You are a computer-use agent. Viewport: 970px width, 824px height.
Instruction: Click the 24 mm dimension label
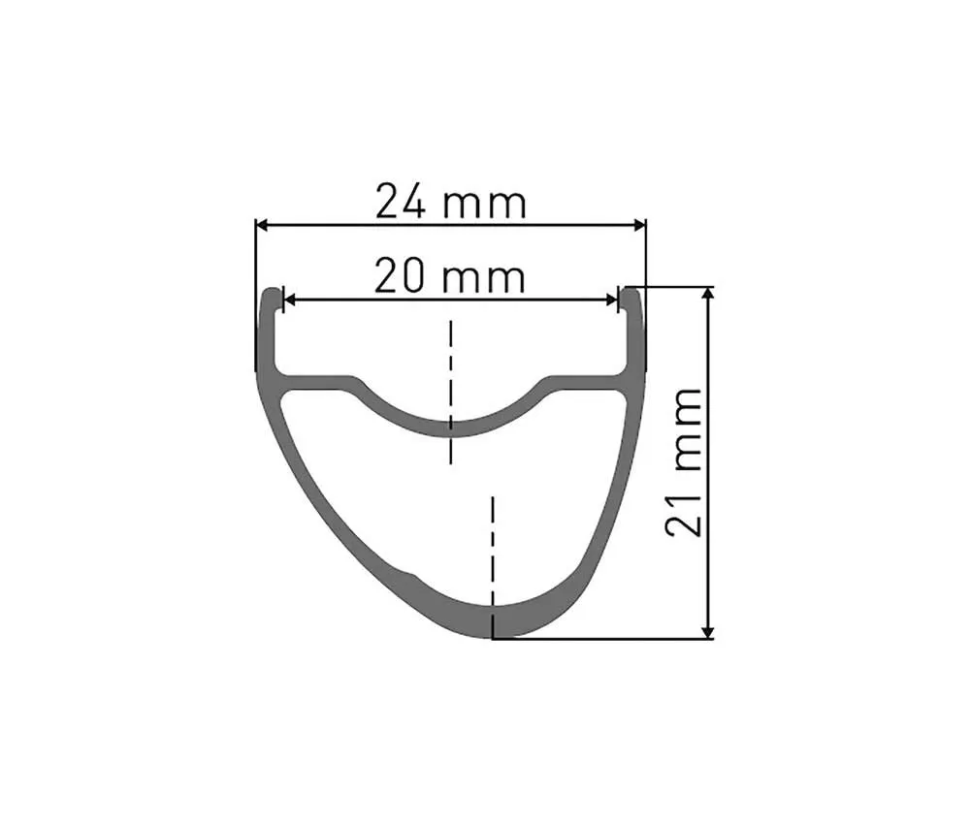coord(451,203)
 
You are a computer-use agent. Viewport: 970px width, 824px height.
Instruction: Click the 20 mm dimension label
coord(450,277)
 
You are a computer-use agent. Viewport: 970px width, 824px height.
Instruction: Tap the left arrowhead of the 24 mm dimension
coord(262,225)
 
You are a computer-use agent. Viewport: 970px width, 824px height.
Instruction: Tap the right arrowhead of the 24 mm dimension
coord(638,225)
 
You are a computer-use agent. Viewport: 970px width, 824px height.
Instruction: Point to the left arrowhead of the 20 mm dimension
coord(288,300)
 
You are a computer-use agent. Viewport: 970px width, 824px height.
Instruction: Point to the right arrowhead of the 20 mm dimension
coord(612,300)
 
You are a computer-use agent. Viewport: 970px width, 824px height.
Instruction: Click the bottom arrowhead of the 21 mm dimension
coord(711,631)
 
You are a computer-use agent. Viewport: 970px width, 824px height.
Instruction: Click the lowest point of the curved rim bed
coord(450,428)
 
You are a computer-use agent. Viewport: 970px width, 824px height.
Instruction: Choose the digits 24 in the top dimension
coord(400,203)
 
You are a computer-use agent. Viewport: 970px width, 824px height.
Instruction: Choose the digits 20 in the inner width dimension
coord(399,277)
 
